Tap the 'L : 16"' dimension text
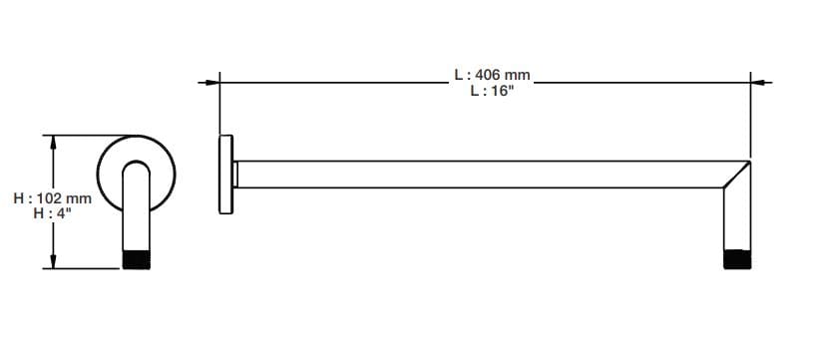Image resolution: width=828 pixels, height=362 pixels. tap(492, 91)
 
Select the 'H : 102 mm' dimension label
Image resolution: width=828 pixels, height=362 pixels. tap(52, 198)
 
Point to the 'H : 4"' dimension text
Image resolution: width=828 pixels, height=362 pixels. tap(52, 213)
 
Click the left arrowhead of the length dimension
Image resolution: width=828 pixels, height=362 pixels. tap(211, 82)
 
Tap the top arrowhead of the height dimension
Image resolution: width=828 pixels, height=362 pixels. tap(53, 143)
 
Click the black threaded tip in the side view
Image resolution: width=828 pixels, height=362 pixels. tap(737, 259)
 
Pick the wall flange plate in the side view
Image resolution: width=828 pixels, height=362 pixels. tap(225, 174)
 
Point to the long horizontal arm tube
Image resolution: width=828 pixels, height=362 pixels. tap(479, 175)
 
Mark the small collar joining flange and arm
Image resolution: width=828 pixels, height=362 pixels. tap(235, 175)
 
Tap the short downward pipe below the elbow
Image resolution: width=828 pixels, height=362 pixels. tap(737, 224)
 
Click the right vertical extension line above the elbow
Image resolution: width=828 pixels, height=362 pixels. tap(751, 120)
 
